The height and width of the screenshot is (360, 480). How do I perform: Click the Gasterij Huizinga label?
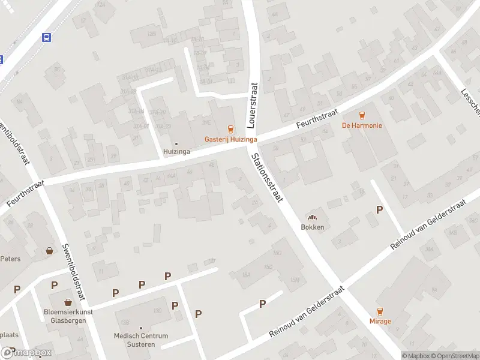(x=231, y=139)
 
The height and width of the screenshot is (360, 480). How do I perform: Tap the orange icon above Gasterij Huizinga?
(x=230, y=128)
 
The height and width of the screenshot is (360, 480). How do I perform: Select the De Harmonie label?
(x=362, y=125)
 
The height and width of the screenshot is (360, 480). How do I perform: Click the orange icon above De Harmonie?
(x=362, y=115)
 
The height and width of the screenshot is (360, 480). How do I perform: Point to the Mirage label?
(x=380, y=321)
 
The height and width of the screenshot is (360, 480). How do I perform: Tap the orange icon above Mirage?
(x=380, y=311)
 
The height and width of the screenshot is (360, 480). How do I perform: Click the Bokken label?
(x=313, y=227)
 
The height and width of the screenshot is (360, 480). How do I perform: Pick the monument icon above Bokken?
(x=313, y=217)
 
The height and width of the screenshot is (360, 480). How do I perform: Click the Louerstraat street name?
(x=253, y=106)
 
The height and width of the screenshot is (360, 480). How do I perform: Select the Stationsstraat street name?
(x=267, y=178)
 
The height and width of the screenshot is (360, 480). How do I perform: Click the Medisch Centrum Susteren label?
(x=141, y=340)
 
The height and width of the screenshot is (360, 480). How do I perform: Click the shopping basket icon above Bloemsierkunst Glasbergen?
(x=68, y=302)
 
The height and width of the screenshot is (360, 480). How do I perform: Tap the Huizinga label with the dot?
(x=176, y=152)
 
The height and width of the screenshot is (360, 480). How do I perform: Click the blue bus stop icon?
(x=47, y=37)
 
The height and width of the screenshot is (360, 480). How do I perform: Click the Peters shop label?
(x=11, y=259)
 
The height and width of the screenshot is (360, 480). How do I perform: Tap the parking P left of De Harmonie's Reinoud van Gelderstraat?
(x=379, y=209)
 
